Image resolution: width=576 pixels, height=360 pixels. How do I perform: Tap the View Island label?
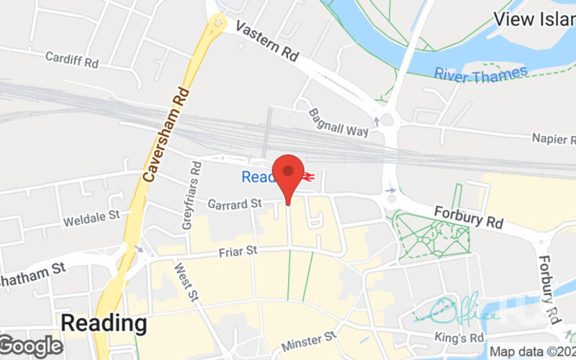coord(534,19)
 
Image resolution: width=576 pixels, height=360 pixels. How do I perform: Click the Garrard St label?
coord(235,204)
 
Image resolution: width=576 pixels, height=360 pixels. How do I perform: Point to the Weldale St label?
coord(91,217)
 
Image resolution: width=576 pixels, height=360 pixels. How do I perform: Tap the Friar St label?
coord(237,252)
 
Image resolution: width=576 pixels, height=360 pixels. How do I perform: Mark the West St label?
coord(184,281)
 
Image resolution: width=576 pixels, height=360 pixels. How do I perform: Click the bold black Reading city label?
coord(103,322)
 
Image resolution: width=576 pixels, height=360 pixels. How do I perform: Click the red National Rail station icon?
coord(308,176)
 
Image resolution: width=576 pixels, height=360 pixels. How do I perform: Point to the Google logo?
coord(32,346)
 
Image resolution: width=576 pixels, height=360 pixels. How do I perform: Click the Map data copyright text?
coord(532,352)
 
